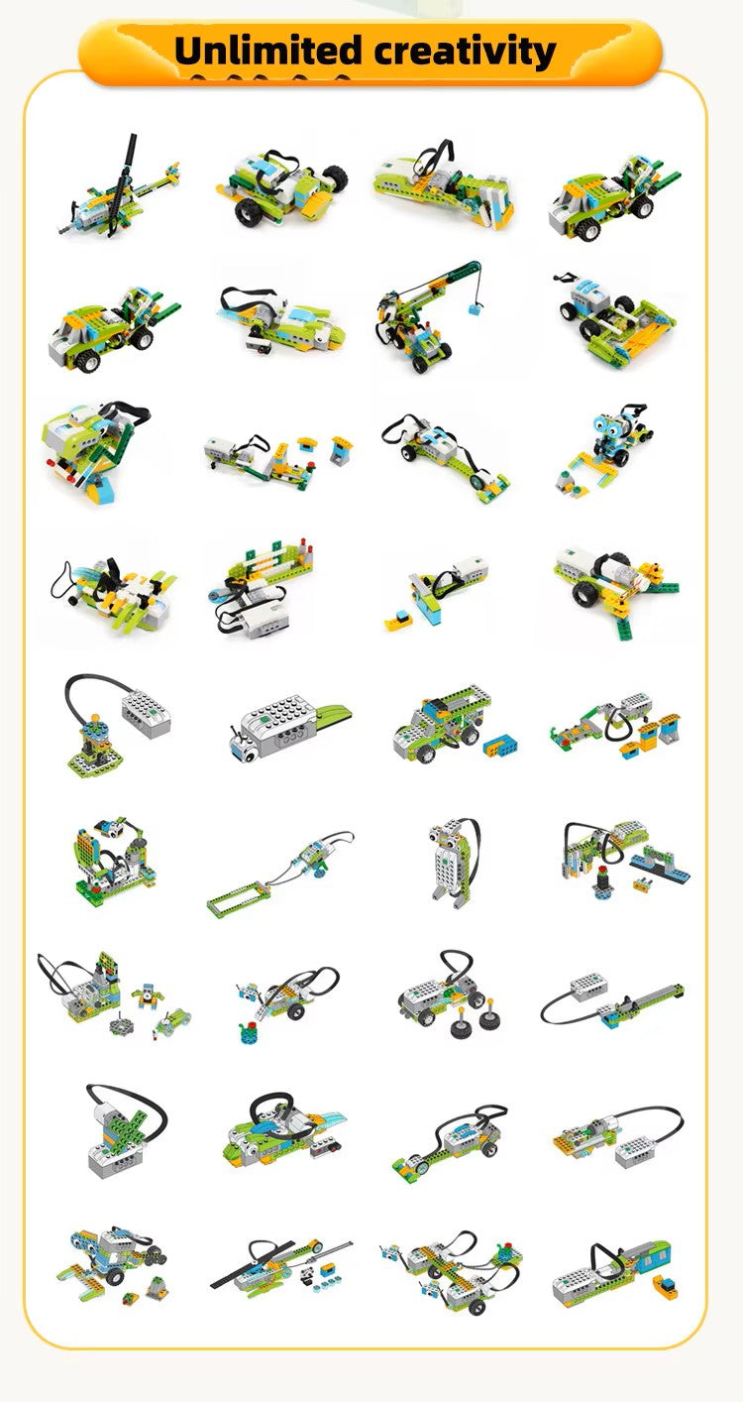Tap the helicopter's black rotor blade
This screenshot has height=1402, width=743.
128,169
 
